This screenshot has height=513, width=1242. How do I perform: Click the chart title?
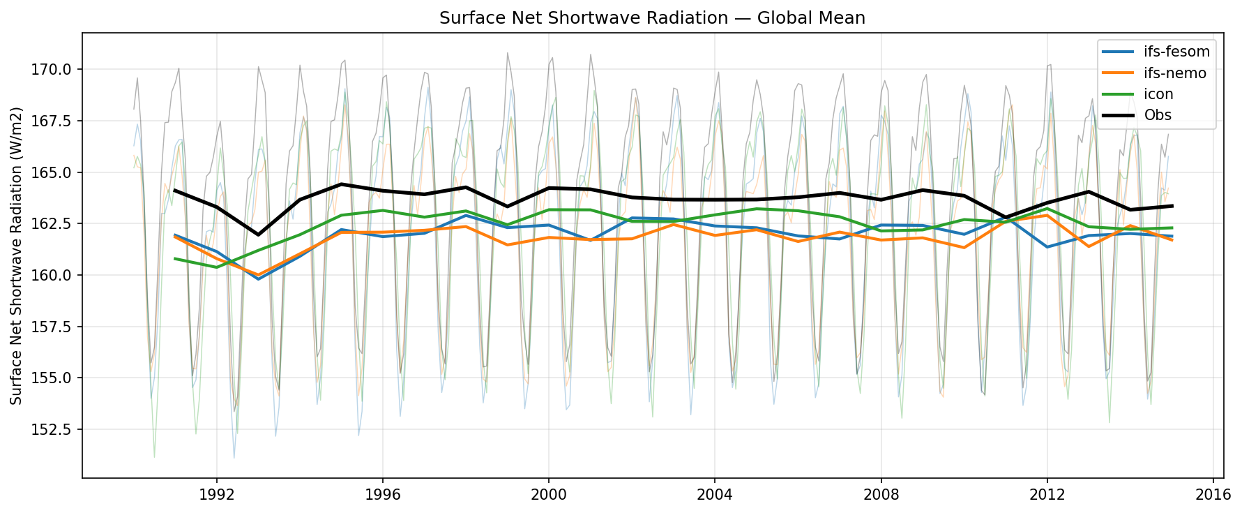click(x=652, y=18)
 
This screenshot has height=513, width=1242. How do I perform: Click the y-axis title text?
click(x=17, y=255)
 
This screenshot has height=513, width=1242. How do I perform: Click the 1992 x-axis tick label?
click(x=216, y=495)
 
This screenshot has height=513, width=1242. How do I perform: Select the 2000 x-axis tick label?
click(x=548, y=495)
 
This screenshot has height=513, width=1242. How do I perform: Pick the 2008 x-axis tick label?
click(x=881, y=495)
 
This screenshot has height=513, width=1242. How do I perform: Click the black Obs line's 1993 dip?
click(x=258, y=235)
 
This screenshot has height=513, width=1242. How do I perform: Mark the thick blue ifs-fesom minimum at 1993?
click(x=258, y=279)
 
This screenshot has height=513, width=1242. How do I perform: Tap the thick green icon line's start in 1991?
click(x=174, y=259)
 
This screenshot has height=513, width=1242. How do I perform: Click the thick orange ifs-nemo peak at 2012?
click(x=1047, y=215)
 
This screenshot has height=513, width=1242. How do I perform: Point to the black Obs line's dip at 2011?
click(x=1006, y=218)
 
